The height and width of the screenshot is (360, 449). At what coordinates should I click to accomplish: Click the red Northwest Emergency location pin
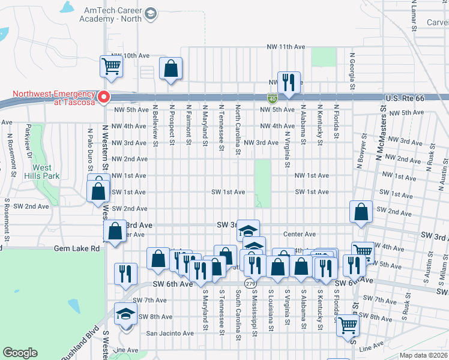103,97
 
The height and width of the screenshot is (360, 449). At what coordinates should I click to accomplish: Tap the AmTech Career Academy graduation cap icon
151,13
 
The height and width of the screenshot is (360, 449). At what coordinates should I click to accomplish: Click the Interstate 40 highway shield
272,97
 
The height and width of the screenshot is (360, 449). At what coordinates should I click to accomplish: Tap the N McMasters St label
379,135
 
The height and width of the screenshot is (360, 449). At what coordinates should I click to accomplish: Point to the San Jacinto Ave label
170,333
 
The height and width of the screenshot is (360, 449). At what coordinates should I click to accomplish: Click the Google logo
20,353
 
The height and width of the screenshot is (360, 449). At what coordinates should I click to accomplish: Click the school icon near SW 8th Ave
126,314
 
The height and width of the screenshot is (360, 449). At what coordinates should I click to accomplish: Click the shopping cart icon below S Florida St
348,326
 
